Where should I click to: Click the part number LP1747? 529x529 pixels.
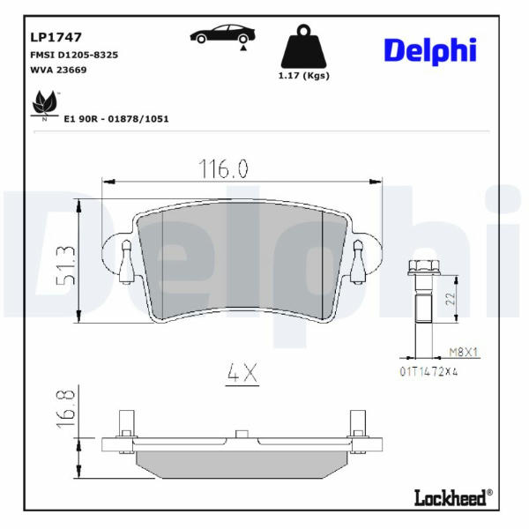pyautogui.click(x=56, y=37)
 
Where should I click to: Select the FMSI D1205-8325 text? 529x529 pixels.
pyautogui.click(x=74, y=55)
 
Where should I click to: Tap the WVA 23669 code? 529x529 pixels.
pyautogui.click(x=58, y=70)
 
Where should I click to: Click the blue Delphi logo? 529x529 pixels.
pyautogui.click(x=430, y=51)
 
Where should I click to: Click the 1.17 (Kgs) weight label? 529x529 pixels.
pyautogui.click(x=303, y=76)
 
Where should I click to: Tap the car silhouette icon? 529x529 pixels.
pyautogui.click(x=222, y=35)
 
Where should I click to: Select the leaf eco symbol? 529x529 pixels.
pyautogui.click(x=45, y=103)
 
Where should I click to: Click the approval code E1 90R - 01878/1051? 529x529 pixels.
pyautogui.click(x=116, y=119)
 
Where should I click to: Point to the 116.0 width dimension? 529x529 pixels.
pyautogui.click(x=223, y=168)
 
